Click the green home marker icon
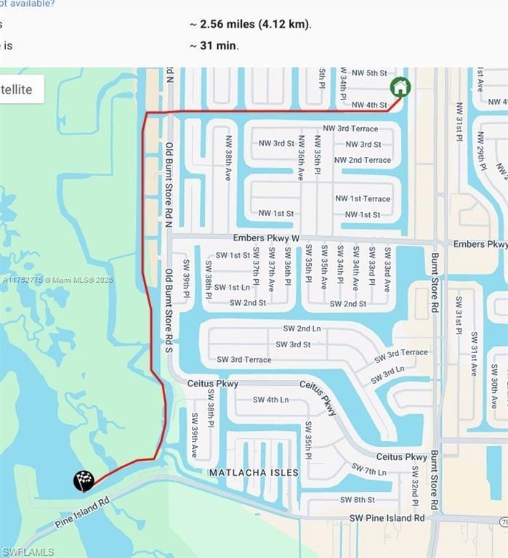(x=400, y=87)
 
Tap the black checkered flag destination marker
(x=84, y=480)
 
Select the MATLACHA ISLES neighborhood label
(x=254, y=473)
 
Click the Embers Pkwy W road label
(x=266, y=238)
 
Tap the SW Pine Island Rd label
(x=387, y=518)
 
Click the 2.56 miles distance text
(x=251, y=24)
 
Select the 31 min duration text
(x=214, y=45)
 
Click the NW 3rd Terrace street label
(x=350, y=129)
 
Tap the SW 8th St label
(x=358, y=500)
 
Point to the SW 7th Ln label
(x=368, y=470)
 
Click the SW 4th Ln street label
(x=270, y=400)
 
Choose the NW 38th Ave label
(x=228, y=158)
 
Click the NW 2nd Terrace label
(x=362, y=160)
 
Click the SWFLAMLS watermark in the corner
(x=28, y=552)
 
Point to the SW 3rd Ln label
(x=387, y=376)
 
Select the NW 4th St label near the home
(x=369, y=105)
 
